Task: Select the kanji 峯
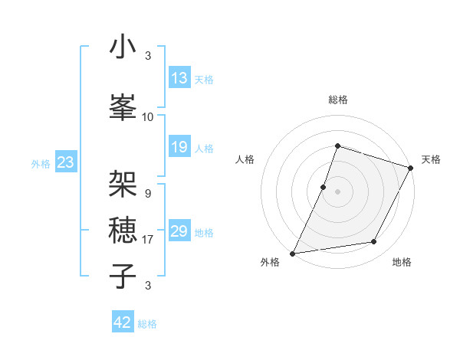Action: coord(123,106)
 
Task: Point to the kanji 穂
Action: coord(123,228)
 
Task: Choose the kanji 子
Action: coord(123,275)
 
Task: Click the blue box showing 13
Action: coord(179,79)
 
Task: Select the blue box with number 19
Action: coord(179,148)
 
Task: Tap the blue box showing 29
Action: coord(179,232)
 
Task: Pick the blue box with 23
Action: coord(65,162)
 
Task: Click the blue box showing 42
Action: coord(123,322)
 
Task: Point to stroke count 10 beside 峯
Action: coord(148,117)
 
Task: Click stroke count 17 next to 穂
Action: coord(148,240)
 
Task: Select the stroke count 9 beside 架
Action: coord(147,194)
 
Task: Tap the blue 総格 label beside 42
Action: coord(147,324)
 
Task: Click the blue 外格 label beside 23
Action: coord(41,163)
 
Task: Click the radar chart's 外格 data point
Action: coord(292,253)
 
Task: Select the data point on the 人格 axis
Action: coord(324,187)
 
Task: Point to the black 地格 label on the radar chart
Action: coord(402,263)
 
